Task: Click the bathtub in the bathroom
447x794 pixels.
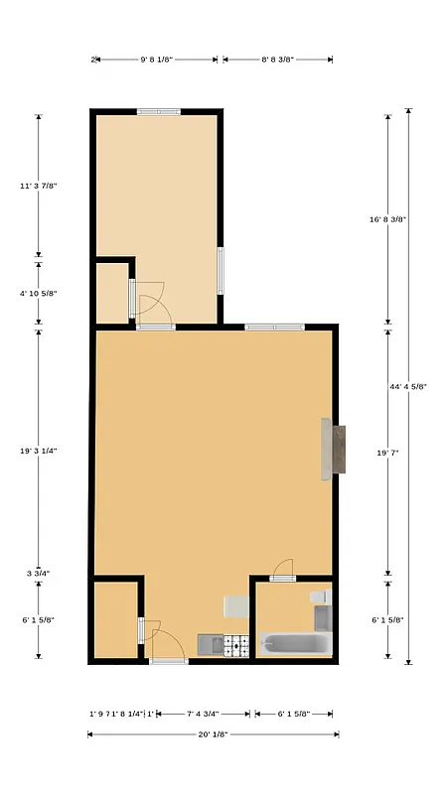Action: click(x=295, y=644)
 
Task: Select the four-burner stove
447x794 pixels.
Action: click(x=236, y=646)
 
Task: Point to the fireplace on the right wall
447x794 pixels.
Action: click(x=333, y=449)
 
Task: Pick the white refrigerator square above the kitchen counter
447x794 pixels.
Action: click(x=236, y=606)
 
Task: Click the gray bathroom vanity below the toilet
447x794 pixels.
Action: click(x=322, y=617)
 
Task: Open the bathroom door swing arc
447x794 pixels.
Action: click(x=283, y=569)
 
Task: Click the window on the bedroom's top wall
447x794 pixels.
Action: click(x=159, y=111)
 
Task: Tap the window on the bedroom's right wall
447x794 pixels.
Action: click(x=221, y=270)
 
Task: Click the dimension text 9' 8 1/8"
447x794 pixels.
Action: click(x=157, y=60)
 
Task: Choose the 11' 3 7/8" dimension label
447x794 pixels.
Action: click(x=39, y=185)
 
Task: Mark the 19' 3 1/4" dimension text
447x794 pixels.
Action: click(x=39, y=450)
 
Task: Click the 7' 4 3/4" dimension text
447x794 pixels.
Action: click(x=202, y=713)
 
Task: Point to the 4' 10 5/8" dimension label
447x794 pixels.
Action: click(x=39, y=293)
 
